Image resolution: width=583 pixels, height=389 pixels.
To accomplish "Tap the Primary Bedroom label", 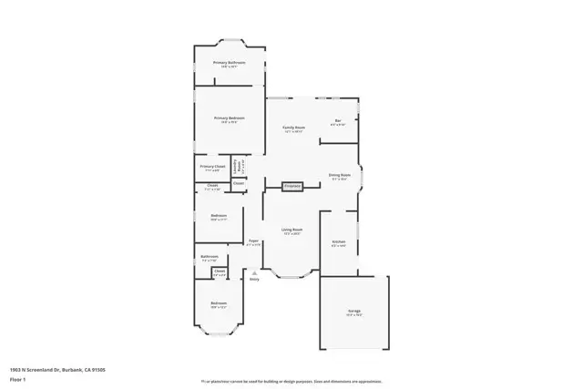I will point(230,118).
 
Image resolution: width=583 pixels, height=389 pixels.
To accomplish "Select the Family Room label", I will point(292,128).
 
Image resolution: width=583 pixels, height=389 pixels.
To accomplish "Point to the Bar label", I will point(338,121).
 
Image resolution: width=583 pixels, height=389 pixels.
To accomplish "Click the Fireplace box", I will point(292,186).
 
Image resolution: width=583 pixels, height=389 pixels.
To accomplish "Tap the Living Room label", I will point(291,230).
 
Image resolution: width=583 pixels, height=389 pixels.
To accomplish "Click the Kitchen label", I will point(338,242).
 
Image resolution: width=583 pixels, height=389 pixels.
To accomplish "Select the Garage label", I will point(353,312).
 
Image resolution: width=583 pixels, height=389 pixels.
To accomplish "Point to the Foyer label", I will point(255,241).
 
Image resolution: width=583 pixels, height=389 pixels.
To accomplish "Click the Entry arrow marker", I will point(254,272).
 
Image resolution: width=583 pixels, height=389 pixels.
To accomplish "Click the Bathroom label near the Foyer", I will point(210,257).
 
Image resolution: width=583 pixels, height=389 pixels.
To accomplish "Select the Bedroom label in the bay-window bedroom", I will point(219,303).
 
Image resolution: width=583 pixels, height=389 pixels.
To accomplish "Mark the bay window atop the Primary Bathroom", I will point(229,42).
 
